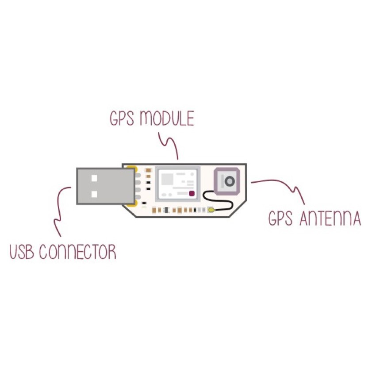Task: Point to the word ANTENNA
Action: click(x=330, y=219)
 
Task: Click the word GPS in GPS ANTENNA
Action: click(x=281, y=219)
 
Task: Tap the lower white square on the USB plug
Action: click(x=94, y=194)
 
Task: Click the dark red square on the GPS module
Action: click(x=192, y=194)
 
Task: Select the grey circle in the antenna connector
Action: click(x=229, y=180)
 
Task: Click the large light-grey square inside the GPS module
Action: click(x=167, y=179)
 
